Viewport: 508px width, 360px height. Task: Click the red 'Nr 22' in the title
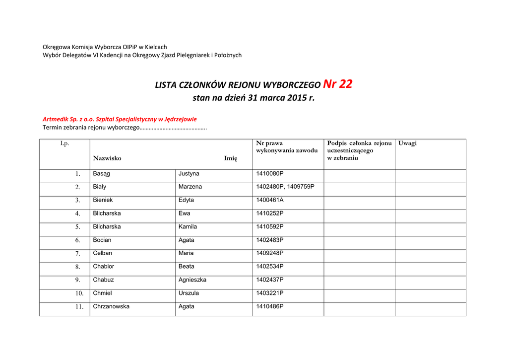(x=337, y=84)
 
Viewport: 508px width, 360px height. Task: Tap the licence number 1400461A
(x=270, y=200)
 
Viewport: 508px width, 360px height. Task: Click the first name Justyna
(x=189, y=174)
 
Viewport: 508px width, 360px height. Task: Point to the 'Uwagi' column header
(x=407, y=144)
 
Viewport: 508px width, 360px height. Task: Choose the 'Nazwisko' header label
(x=107, y=158)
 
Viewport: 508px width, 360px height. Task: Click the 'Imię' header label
(x=230, y=158)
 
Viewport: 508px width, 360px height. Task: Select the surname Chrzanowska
(x=111, y=306)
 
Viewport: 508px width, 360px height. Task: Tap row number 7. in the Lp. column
(x=77, y=254)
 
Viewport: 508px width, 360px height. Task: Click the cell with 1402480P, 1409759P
(x=285, y=187)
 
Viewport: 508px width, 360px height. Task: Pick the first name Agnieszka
(x=192, y=280)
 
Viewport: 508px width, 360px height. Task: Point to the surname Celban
(x=102, y=253)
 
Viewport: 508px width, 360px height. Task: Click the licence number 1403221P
(x=270, y=293)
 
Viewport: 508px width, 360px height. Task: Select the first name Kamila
(x=188, y=227)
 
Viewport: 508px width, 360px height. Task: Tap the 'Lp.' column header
(x=64, y=144)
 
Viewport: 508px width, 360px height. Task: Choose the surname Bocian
(x=102, y=240)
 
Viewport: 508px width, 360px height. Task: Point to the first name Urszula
(x=189, y=293)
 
